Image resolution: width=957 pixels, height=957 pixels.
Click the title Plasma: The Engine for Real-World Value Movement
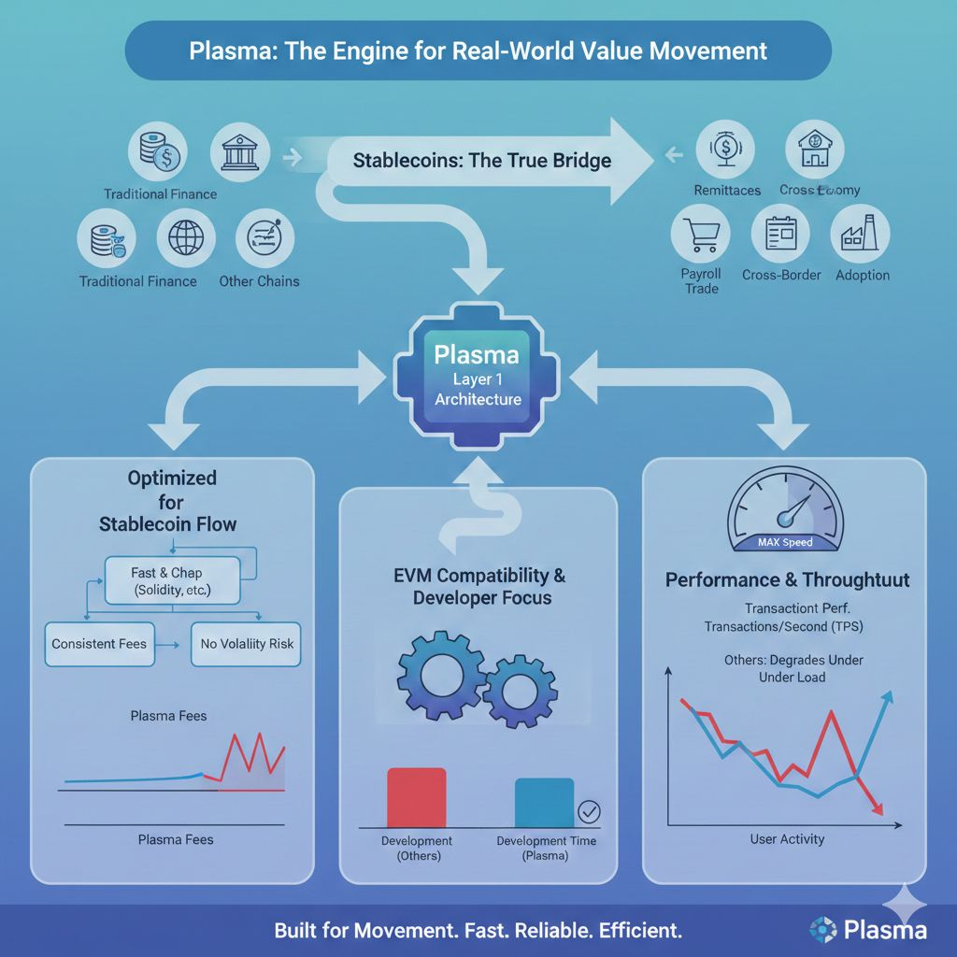pyautogui.click(x=478, y=50)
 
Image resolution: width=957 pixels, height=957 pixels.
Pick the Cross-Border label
pyautogui.click(x=781, y=275)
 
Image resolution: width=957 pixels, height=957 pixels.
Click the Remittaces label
pyautogui.click(x=727, y=190)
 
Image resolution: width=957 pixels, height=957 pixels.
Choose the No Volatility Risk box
pyautogui.click(x=247, y=644)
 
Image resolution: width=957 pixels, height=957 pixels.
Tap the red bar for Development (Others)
pyautogui.click(x=416, y=797)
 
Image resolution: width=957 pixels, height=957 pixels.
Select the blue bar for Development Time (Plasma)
pyautogui.click(x=544, y=802)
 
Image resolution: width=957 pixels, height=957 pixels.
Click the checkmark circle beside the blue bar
pyautogui.click(x=590, y=810)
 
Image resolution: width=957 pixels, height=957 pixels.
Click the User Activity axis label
pyautogui.click(x=787, y=839)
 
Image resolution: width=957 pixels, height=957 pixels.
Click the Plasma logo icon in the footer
pyautogui.click(x=823, y=929)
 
